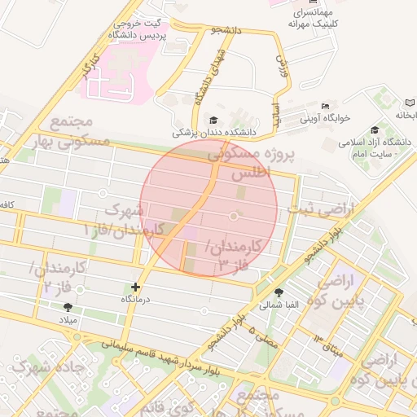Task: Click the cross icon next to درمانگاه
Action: tap(135, 287)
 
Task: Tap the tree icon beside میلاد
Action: tap(68, 307)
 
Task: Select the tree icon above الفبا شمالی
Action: tap(280, 293)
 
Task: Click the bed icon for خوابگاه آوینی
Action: tap(326, 106)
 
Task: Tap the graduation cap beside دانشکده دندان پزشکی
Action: tap(214, 119)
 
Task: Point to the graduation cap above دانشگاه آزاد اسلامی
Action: tap(375, 130)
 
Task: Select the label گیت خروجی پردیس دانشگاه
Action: tap(138, 31)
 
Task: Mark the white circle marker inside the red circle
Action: tap(235, 216)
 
